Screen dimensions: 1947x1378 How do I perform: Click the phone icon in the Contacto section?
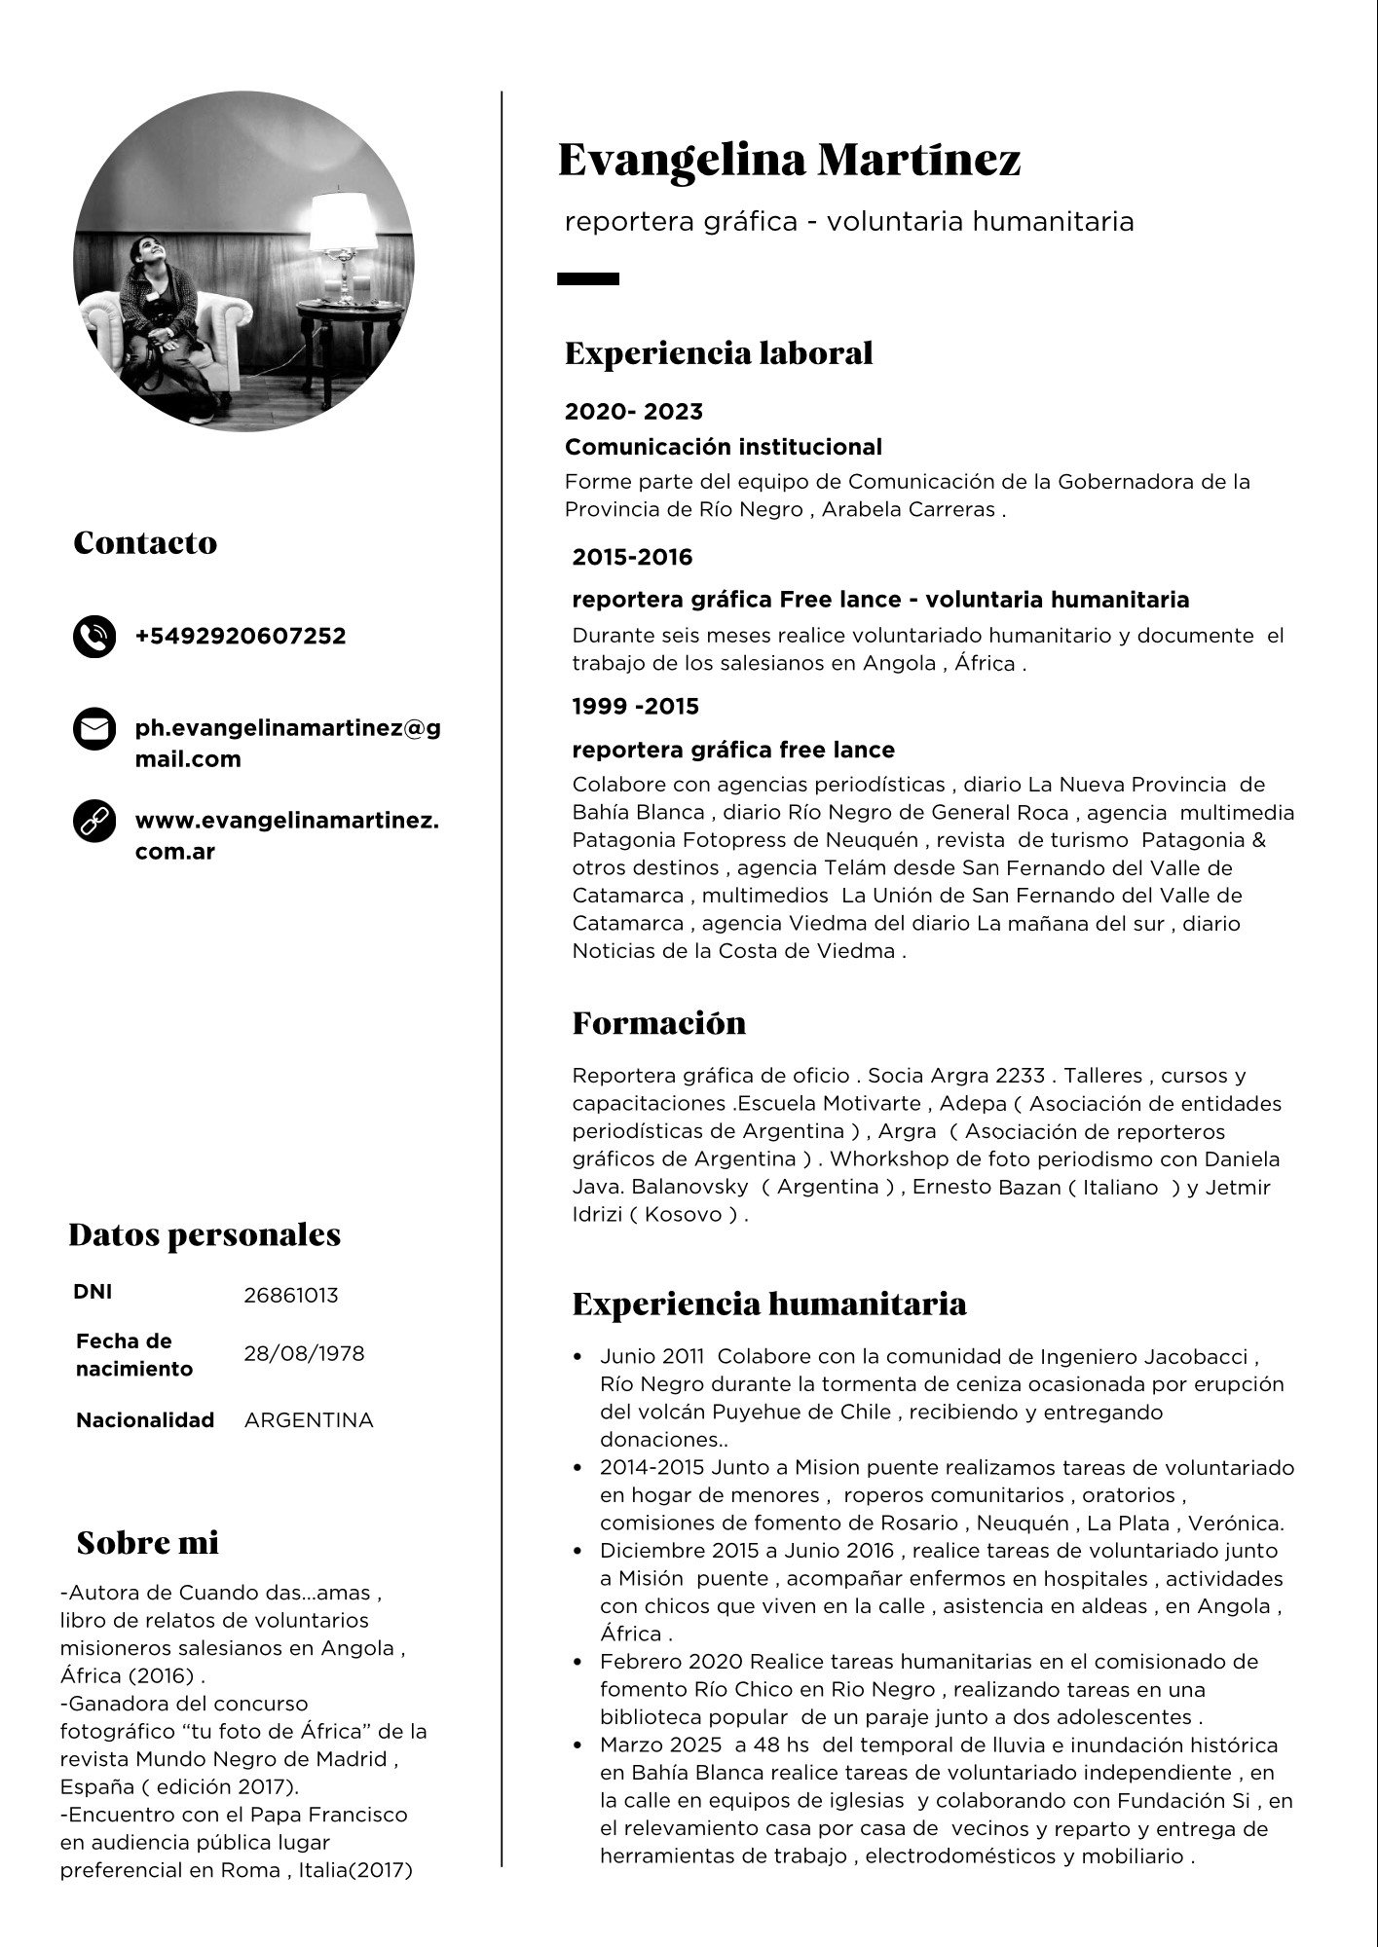pyautogui.click(x=94, y=637)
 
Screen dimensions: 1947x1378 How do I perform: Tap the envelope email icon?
pyautogui.click(x=94, y=729)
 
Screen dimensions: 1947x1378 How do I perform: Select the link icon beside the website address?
pyautogui.click(x=94, y=823)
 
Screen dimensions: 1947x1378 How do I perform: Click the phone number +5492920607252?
pyautogui.click(x=241, y=637)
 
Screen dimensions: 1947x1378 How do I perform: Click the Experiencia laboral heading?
pyautogui.click(x=719, y=353)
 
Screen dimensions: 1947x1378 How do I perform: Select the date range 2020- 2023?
pyautogui.click(x=634, y=412)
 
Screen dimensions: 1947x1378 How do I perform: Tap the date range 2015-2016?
pyautogui.click(x=632, y=558)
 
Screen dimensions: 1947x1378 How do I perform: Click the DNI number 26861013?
pyautogui.click(x=291, y=1295)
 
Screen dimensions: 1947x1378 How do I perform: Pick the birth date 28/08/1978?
pyautogui.click(x=304, y=1354)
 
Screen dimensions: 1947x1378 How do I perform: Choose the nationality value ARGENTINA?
pyautogui.click(x=309, y=1420)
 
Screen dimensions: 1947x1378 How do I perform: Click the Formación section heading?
pyautogui.click(x=658, y=1023)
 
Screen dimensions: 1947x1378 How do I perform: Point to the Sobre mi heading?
pyautogui.click(x=147, y=1543)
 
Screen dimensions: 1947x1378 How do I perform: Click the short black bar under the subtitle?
pyautogui.click(x=588, y=279)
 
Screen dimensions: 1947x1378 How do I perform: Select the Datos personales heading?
pyautogui.click(x=205, y=1235)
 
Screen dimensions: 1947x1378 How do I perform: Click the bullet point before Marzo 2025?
pyautogui.click(x=579, y=1745)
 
